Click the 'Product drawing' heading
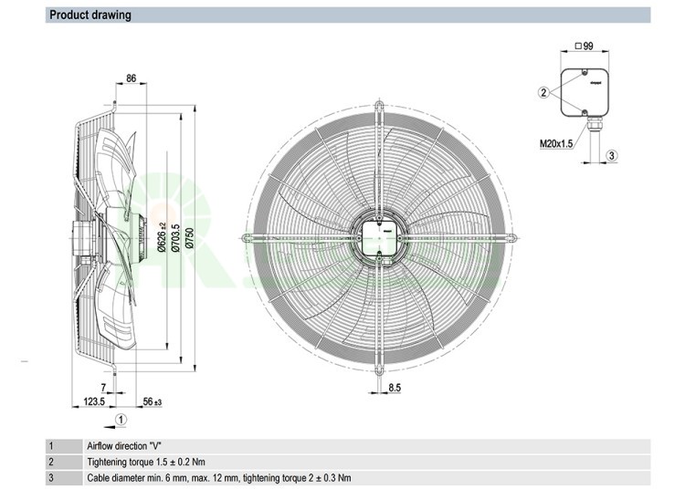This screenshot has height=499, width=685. click(x=90, y=15)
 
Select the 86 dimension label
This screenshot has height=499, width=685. click(x=131, y=79)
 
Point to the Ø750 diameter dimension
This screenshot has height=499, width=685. click(x=189, y=236)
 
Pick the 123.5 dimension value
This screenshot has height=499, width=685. click(x=95, y=401)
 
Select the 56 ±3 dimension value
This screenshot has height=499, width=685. click(x=152, y=401)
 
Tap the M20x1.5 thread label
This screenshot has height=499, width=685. click(x=556, y=142)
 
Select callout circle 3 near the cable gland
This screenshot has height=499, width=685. click(x=612, y=155)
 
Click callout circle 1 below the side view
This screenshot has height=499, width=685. click(x=121, y=420)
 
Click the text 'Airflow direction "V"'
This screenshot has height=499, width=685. click(x=124, y=446)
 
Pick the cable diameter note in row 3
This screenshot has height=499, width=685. click(x=218, y=477)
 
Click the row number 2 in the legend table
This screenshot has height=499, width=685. click(x=51, y=462)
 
